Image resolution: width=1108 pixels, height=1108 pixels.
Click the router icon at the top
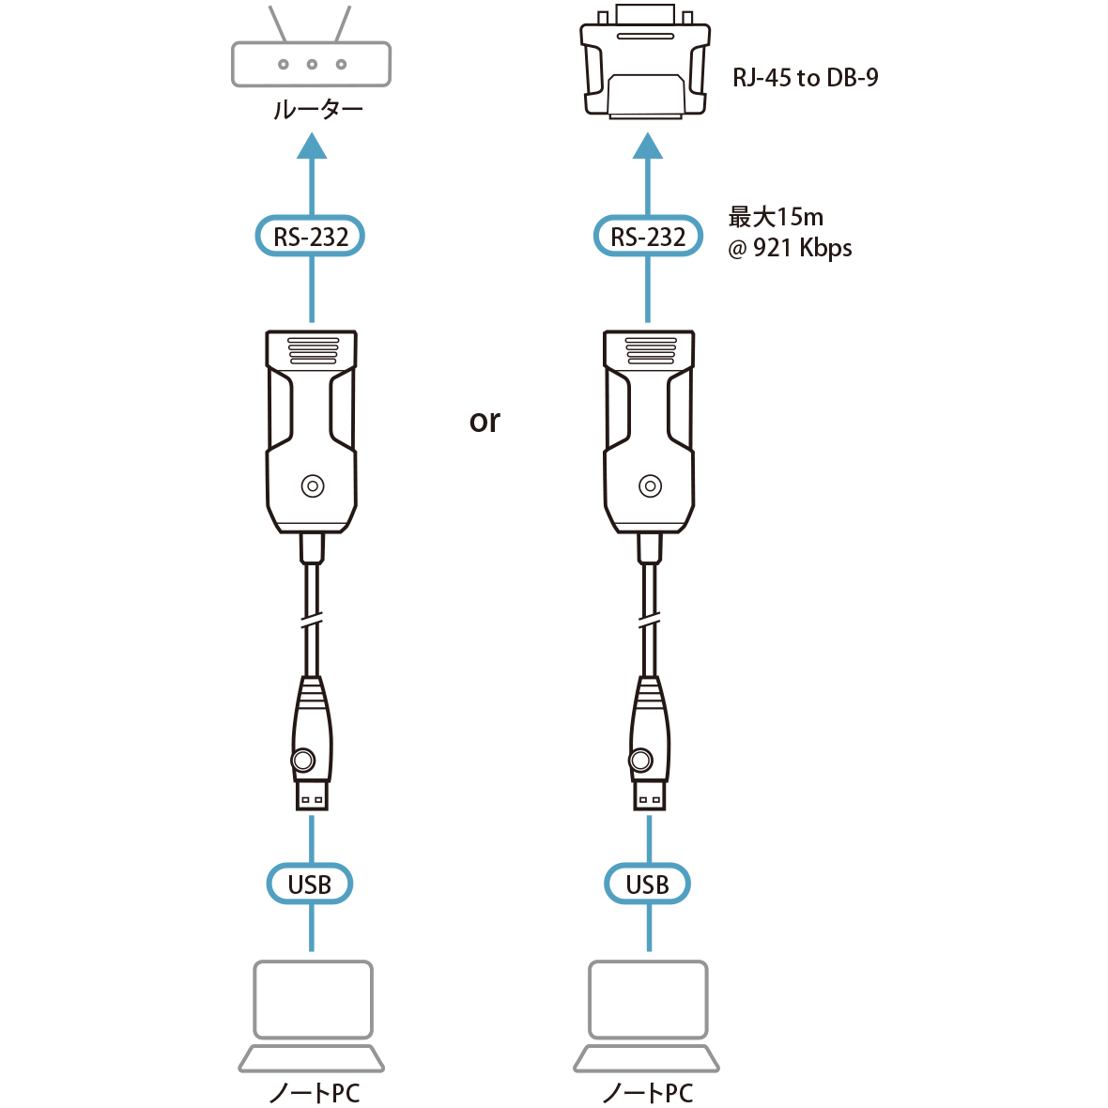(311, 64)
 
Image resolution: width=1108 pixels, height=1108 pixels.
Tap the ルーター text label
(317, 111)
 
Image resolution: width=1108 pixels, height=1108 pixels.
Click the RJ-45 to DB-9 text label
(805, 78)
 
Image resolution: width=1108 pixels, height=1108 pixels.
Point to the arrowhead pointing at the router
(312, 146)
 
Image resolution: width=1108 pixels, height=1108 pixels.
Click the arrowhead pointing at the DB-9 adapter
(648, 146)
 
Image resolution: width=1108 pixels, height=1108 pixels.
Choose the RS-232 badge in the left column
(311, 237)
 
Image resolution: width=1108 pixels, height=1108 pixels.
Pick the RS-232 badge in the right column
(648, 237)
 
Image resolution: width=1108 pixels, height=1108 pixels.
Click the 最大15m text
(776, 218)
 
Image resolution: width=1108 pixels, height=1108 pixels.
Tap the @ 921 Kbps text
(790, 249)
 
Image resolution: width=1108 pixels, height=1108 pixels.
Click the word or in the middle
(485, 422)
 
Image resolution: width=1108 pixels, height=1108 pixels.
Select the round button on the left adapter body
(312, 486)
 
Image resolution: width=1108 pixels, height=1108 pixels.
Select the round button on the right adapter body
(649, 486)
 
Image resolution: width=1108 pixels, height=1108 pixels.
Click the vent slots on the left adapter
(312, 350)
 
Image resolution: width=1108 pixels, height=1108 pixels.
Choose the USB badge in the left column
(310, 885)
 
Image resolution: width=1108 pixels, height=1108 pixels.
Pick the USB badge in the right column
(647, 885)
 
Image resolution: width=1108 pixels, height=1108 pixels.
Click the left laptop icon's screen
(313, 999)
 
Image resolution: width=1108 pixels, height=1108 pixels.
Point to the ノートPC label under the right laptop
(647, 1093)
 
